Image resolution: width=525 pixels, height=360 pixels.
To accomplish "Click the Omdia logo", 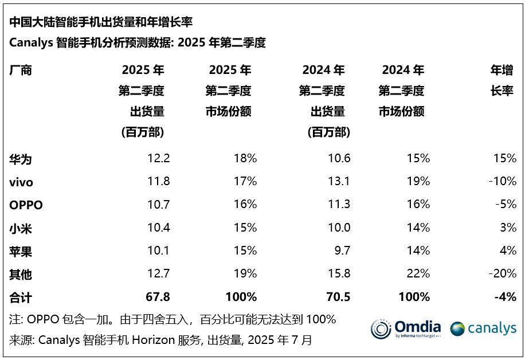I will (406, 328).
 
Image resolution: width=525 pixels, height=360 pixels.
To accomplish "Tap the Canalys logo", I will (483, 328).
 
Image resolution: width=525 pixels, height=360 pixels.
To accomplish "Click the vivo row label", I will (21, 182).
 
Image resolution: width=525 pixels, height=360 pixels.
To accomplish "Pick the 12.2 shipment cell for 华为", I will (158, 159).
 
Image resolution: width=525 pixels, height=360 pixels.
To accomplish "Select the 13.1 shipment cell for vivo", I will (338, 182).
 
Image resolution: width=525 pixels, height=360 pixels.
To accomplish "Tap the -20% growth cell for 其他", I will (502, 274).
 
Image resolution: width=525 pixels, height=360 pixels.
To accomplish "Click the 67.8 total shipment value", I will (158, 297).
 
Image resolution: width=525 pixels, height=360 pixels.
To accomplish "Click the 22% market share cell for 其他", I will (418, 274).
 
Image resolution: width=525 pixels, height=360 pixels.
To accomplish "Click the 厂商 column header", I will (21, 71).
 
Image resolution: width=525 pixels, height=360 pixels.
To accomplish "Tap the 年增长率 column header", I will (502, 80).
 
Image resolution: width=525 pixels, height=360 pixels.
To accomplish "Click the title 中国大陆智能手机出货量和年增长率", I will (101, 22).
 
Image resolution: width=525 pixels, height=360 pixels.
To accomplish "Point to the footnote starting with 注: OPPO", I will (173, 319).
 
